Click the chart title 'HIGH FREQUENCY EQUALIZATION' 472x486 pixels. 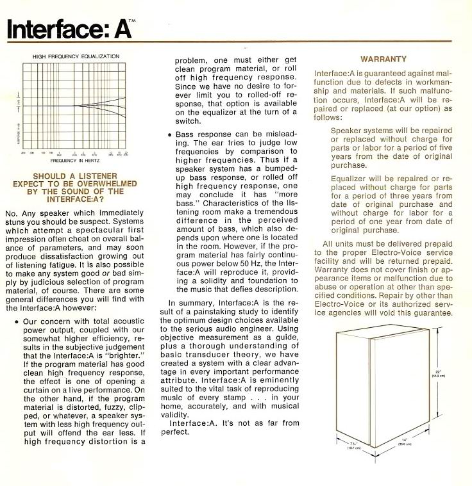tap(76, 56)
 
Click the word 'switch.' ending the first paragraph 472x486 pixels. tap(189, 121)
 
